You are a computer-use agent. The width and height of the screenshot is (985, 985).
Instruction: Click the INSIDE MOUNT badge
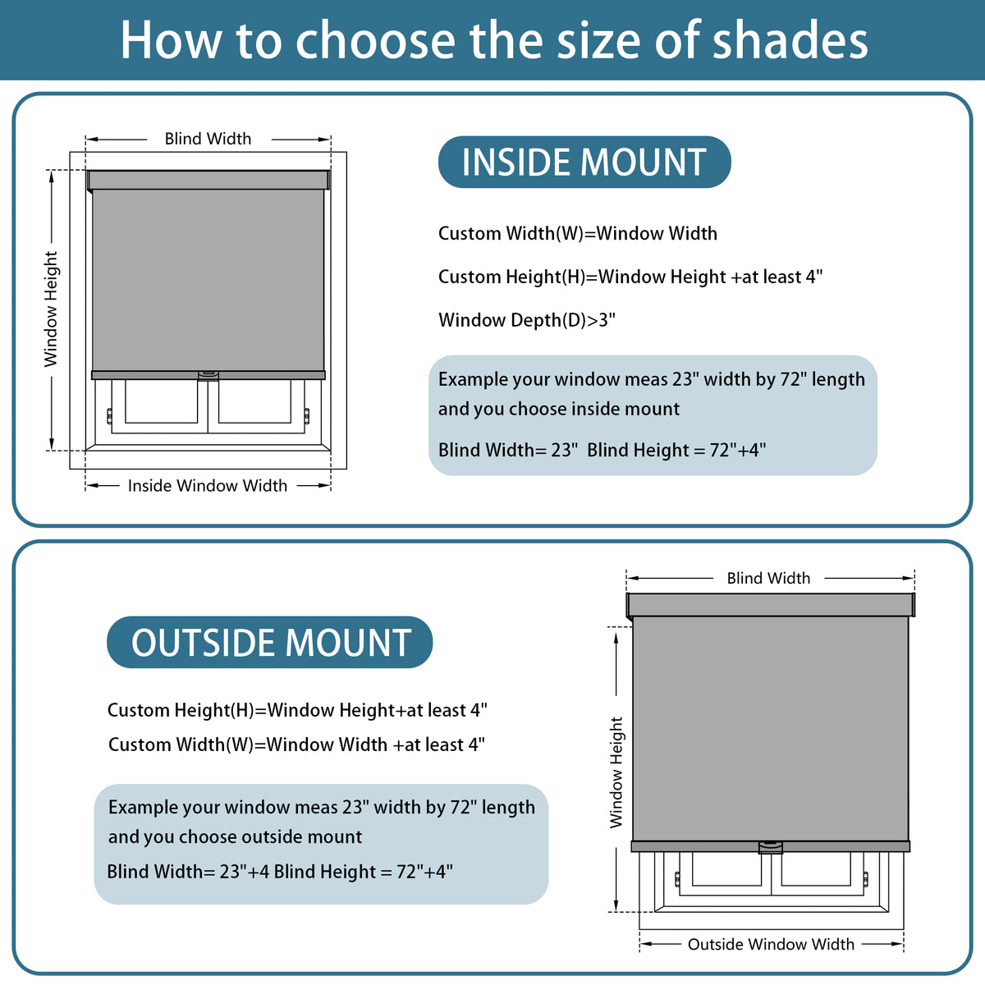(x=584, y=162)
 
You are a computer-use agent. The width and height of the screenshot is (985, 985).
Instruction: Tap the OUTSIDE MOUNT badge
(x=269, y=642)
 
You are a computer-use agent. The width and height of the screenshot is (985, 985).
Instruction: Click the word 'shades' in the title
(x=790, y=40)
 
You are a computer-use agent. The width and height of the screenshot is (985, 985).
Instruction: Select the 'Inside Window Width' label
(x=208, y=485)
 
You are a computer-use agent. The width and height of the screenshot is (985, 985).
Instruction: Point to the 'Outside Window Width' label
(x=771, y=944)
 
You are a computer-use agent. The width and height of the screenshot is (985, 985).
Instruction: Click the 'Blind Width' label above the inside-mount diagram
(x=208, y=139)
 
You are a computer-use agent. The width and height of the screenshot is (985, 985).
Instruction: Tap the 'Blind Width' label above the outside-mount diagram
(x=768, y=578)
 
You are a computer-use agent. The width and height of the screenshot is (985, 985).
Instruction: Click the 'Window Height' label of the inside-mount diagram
(x=51, y=309)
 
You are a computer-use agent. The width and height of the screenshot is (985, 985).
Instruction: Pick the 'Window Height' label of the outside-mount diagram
(x=616, y=772)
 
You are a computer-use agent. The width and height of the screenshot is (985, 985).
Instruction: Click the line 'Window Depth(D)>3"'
(x=527, y=320)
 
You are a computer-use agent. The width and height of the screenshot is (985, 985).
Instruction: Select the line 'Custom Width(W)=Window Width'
(x=578, y=233)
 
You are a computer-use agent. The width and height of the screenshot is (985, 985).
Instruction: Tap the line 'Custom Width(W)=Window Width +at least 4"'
(x=296, y=744)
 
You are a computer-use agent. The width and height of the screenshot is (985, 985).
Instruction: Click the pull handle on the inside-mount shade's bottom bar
(x=208, y=376)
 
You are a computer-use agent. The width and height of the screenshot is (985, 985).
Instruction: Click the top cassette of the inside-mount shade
(x=208, y=181)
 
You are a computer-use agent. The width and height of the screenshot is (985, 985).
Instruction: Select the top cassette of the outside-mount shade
(x=770, y=605)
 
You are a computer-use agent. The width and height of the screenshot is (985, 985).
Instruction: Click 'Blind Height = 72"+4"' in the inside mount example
(x=676, y=450)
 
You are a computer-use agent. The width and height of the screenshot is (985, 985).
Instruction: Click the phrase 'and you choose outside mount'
(x=235, y=836)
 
